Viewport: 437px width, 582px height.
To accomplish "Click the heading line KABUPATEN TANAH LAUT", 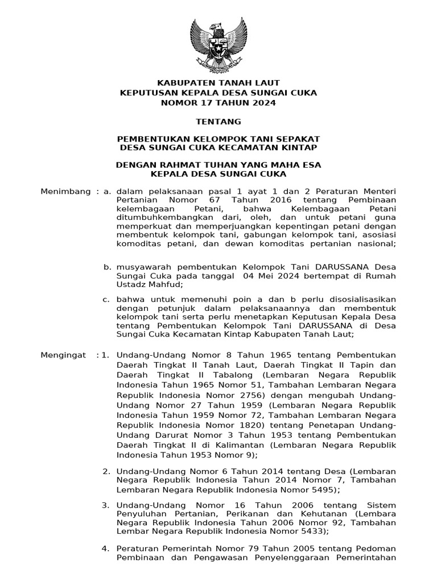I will click(x=218, y=83).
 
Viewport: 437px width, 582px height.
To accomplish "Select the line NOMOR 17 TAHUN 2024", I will click(x=218, y=103).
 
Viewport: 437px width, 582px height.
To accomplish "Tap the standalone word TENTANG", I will click(x=218, y=122).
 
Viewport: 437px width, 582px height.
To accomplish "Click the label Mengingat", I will click(x=64, y=355).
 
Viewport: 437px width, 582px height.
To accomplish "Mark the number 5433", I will click(x=308, y=531).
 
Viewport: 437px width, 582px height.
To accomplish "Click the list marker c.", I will click(x=106, y=299).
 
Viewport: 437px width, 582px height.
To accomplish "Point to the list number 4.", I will click(x=105, y=548).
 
